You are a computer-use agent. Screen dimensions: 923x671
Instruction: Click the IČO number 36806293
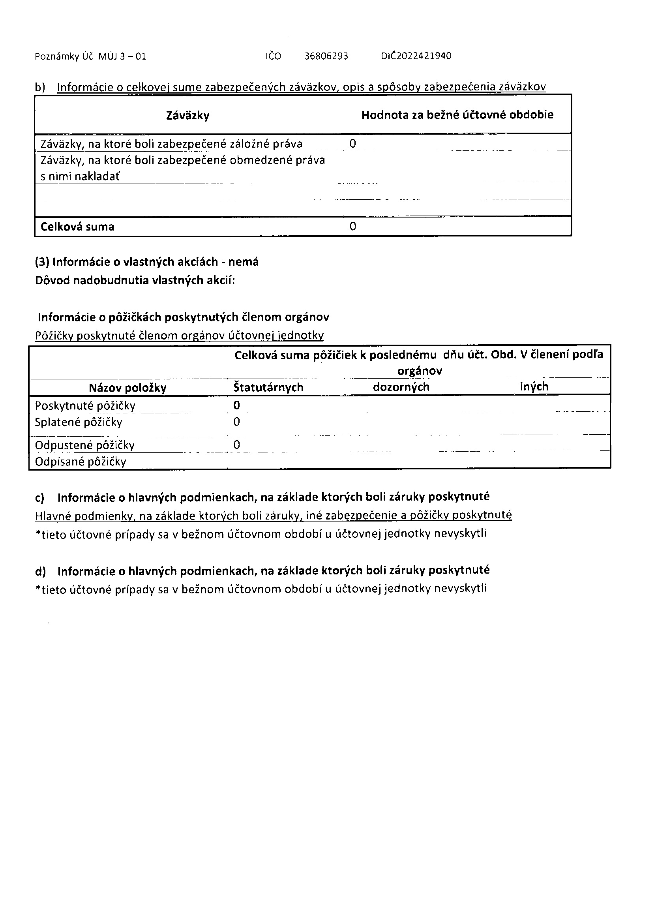[x=326, y=56]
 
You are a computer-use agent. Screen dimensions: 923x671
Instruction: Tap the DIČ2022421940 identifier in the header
[x=416, y=56]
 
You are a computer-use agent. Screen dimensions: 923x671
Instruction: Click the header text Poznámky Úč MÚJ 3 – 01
[x=90, y=56]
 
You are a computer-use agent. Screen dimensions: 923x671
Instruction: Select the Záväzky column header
[x=187, y=116]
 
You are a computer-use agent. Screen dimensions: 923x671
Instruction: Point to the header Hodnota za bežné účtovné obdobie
[x=457, y=115]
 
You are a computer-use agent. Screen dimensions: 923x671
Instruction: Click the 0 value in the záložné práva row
[x=352, y=144]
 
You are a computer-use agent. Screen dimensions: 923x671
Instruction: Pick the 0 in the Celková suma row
[x=352, y=226]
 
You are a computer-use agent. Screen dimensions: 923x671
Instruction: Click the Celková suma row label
[x=77, y=227]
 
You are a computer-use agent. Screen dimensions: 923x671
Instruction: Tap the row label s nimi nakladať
[x=80, y=176]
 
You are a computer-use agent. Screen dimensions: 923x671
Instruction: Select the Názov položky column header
[x=127, y=388]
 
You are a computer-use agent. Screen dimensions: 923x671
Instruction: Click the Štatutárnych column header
[x=268, y=387]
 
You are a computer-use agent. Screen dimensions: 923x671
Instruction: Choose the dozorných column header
[x=401, y=386]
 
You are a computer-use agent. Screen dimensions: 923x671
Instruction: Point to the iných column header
[x=534, y=386]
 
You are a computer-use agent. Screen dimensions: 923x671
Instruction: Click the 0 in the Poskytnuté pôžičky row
[x=236, y=405]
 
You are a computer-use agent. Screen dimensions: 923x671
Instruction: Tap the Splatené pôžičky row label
[x=79, y=422]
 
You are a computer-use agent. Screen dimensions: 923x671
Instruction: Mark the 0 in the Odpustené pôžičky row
[x=236, y=445]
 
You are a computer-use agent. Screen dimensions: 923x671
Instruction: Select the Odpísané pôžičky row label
[x=81, y=462]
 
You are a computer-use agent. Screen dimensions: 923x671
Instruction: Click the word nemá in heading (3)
[x=243, y=262]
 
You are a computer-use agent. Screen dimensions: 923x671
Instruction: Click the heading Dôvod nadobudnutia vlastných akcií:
[x=135, y=280]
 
